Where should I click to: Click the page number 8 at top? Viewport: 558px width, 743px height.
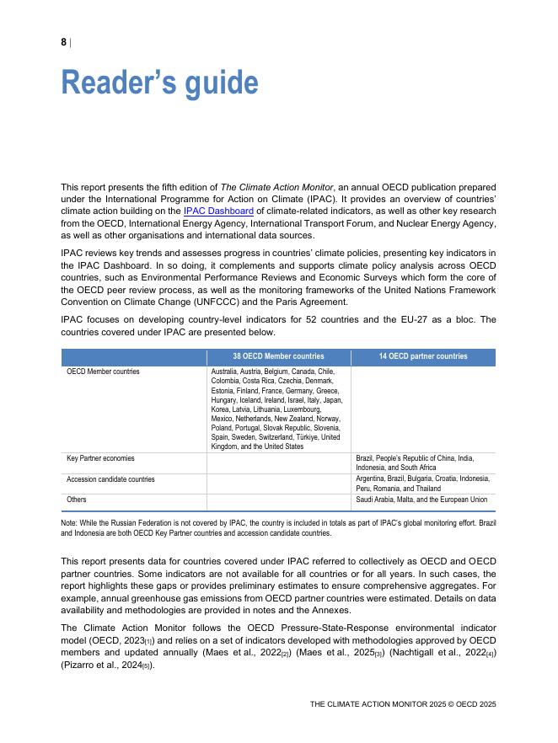coord(63,42)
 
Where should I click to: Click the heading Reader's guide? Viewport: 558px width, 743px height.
coord(159,83)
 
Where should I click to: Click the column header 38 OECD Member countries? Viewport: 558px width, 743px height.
coord(278,356)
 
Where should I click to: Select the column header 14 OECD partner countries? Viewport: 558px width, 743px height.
coord(423,356)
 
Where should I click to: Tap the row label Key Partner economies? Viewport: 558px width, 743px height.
coord(100,458)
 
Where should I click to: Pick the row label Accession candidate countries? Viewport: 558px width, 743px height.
coord(110,478)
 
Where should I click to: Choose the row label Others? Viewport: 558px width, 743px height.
coord(78,500)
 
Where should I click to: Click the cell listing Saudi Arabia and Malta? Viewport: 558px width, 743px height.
coord(421,500)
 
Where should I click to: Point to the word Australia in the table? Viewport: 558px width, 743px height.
coord(223,371)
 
